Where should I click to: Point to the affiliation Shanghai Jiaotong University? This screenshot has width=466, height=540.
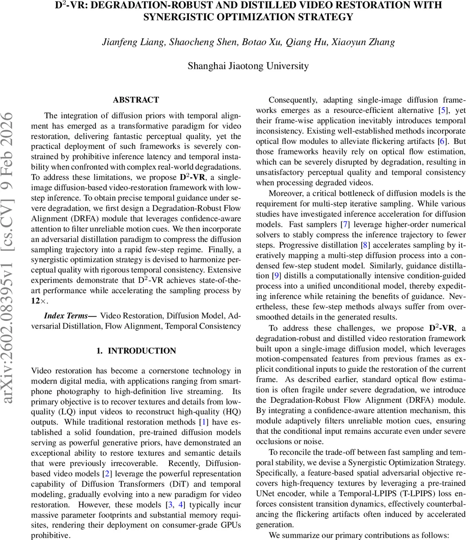click(x=248, y=66)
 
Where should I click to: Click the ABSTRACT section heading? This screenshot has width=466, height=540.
click(x=136, y=100)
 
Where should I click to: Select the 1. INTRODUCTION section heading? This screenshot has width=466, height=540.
click(x=136, y=351)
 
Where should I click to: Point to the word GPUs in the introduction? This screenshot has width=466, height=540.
click(x=229, y=525)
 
